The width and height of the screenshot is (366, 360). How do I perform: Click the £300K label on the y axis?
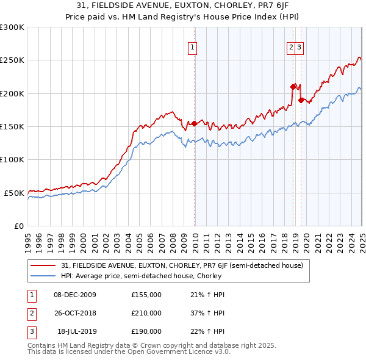pos(12,27)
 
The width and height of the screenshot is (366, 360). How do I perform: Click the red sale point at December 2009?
pos(195,123)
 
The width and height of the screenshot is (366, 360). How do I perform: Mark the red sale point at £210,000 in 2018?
pos(293,87)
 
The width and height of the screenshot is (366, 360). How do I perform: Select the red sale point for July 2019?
pos(301,100)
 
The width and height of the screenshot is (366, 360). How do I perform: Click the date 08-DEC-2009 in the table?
pos(75,295)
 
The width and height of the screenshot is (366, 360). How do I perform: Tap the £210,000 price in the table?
pos(146,313)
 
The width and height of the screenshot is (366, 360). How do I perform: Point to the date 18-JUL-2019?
pos(75,331)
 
